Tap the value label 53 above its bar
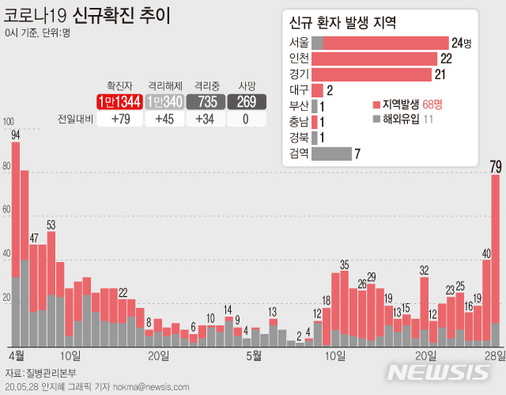point(51,225)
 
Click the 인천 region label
point(300,59)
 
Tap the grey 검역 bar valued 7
point(331,154)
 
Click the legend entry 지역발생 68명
point(403,104)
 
